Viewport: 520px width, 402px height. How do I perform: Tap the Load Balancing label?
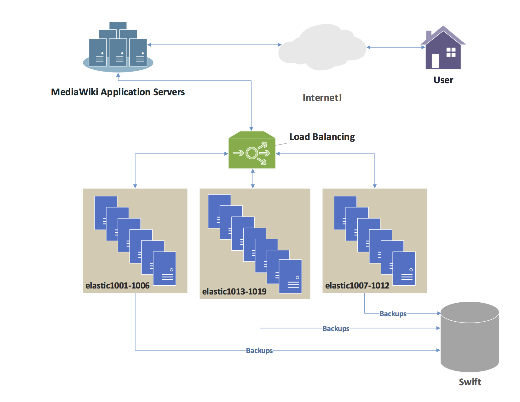tap(322, 137)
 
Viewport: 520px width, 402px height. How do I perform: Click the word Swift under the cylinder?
tap(470, 382)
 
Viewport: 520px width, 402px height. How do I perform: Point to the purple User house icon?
tap(443, 50)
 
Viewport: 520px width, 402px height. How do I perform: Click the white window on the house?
tap(451, 52)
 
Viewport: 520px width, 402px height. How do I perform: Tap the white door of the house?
tap(435, 61)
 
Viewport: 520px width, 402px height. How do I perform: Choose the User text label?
tap(443, 80)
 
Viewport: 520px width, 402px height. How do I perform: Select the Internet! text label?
tap(322, 98)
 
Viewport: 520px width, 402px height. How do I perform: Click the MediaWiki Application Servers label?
tap(118, 92)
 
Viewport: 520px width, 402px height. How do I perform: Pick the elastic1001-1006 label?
tap(117, 286)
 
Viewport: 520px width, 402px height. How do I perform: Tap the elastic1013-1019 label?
tap(234, 292)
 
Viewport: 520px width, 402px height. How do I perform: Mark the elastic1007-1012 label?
tap(357, 286)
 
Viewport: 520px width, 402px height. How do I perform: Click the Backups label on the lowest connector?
tap(259, 351)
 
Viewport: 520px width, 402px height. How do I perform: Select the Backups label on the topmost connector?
tap(393, 314)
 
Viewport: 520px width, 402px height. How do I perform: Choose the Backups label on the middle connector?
tap(336, 329)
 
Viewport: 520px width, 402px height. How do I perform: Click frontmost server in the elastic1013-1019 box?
tap(290, 277)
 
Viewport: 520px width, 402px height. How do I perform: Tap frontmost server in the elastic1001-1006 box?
tap(165, 269)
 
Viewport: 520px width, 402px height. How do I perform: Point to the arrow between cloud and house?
tap(396, 47)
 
